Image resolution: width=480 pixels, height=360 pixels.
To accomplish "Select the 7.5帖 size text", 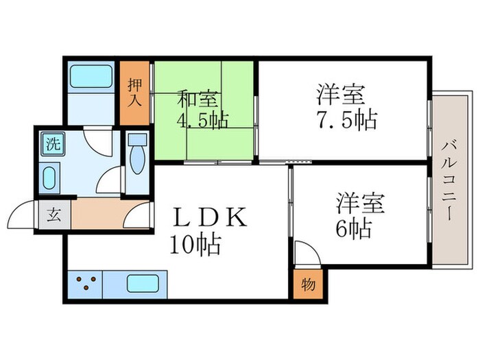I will [x=346, y=120].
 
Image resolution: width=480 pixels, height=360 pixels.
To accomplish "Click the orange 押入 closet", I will [x=134, y=93].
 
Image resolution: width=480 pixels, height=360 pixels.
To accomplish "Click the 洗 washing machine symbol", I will [x=51, y=145].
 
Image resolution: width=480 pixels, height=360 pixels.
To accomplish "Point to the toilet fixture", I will [x=136, y=159].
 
